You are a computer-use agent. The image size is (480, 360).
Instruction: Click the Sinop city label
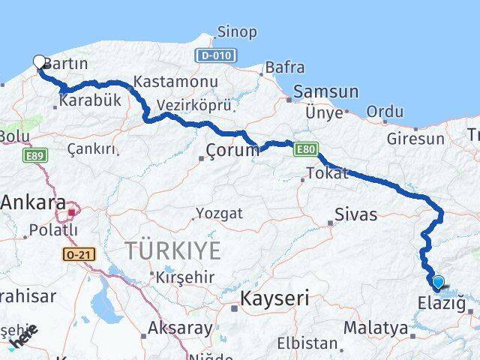click(236, 32)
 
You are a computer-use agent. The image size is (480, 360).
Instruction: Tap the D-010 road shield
click(216, 55)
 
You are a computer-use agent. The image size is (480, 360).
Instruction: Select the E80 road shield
click(304, 150)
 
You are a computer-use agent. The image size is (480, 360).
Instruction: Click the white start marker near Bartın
click(40, 62)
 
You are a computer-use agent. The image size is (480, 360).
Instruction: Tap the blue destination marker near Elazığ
click(437, 283)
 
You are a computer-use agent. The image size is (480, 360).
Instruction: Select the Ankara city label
click(33, 202)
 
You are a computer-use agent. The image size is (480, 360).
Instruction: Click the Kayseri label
click(274, 298)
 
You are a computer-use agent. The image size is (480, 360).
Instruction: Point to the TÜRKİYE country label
click(172, 250)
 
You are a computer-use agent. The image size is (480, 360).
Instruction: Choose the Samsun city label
click(326, 91)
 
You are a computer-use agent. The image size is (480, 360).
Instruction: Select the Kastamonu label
click(175, 81)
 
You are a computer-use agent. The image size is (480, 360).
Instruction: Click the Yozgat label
click(219, 213)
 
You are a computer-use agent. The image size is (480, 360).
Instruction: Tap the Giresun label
click(415, 139)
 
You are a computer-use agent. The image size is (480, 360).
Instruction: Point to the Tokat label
click(328, 174)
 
